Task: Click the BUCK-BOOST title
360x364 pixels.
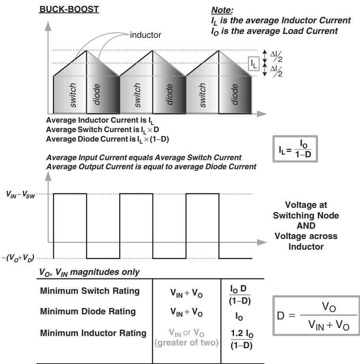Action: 69,9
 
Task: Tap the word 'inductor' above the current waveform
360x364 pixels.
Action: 146,35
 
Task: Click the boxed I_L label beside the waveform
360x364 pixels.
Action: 253,63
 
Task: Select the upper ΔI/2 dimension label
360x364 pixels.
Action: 276,56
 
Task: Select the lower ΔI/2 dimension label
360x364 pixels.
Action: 276,71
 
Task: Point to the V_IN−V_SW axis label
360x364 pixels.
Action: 21,194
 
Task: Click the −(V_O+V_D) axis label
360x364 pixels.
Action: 18,258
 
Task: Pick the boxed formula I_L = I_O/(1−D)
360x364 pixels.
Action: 295,149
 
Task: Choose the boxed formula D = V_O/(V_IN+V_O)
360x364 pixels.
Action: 316,316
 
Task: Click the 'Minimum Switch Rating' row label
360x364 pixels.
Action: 90,291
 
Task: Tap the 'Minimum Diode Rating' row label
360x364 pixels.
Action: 88,311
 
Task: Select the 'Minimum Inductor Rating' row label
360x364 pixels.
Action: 93,333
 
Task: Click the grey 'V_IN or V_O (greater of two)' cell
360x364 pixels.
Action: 186,338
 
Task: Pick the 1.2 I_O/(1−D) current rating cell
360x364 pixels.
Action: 242,340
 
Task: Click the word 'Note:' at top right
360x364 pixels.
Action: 222,10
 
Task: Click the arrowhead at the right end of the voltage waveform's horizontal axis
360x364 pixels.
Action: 262,243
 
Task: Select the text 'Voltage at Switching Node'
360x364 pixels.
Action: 306,210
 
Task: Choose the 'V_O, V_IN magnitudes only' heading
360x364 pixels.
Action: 90,272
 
